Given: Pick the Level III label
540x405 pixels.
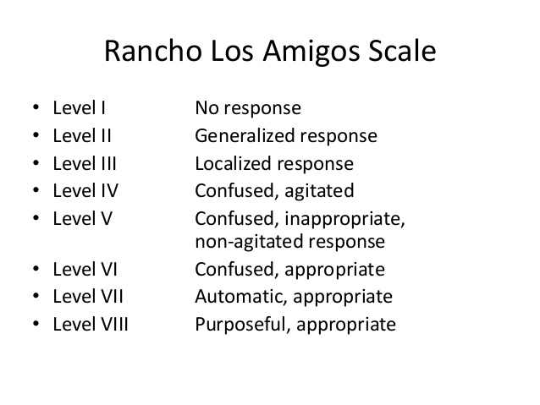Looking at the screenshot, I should [84, 163].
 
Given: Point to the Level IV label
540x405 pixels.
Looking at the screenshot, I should [84, 190].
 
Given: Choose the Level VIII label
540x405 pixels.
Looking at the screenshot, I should [90, 324].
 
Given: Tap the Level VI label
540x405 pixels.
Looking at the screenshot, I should [84, 271].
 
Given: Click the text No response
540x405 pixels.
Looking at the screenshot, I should [248, 109].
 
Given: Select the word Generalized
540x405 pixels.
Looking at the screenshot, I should [245, 136].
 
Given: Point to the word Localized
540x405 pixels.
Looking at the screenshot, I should [232, 163].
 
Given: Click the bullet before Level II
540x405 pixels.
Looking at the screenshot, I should [36, 136].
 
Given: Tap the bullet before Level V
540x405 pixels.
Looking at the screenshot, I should [36, 217].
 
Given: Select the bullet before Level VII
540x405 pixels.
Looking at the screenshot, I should [36, 297].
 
